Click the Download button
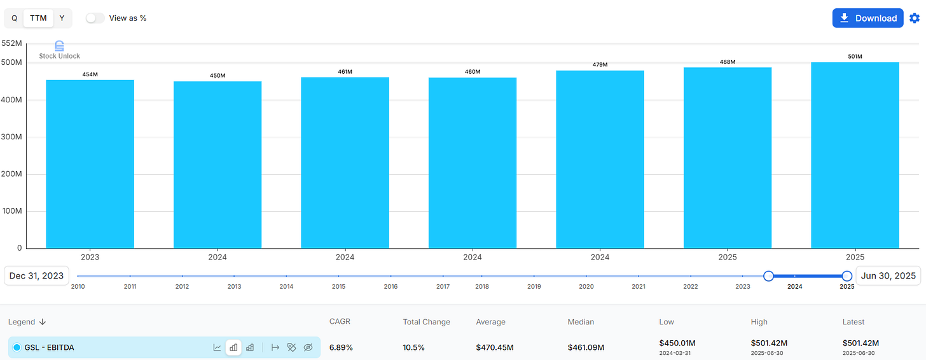[x=867, y=18]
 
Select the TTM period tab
[x=38, y=18]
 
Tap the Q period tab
[x=14, y=18]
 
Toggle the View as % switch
[x=95, y=18]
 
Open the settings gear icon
[x=915, y=18]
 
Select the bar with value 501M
[x=855, y=155]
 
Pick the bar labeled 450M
[x=218, y=165]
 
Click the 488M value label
[x=728, y=62]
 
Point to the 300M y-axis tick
[x=12, y=137]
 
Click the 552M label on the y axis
[x=12, y=43]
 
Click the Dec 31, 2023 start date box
[x=36, y=275]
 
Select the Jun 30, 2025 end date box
[x=888, y=275]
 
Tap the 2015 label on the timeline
[x=338, y=287]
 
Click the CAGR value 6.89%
[x=341, y=347]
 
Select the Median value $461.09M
[x=586, y=347]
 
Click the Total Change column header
[x=426, y=322]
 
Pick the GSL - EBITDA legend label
[x=50, y=347]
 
